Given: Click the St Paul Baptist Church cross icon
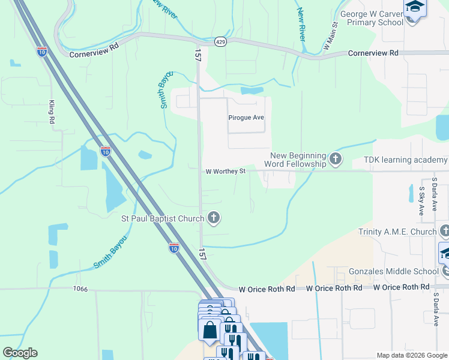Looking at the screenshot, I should pos(212,218).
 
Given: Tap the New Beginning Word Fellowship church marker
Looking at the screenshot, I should pos(335,160).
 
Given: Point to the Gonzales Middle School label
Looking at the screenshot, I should pos(393,271).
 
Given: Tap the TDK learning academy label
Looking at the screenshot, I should pos(405,160).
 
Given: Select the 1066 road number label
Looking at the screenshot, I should pos(80,289).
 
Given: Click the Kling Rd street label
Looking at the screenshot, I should pos(52,112).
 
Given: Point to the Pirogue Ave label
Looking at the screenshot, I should pos(246,118).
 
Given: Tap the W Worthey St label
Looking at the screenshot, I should pos(226,171).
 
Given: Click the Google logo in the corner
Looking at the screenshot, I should pos(20,353).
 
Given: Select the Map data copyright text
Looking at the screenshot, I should pos(412,355).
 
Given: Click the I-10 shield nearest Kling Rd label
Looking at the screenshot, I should pos(42,52).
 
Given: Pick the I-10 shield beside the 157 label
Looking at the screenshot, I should pos(174,247).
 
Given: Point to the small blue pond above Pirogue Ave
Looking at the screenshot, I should pos(252,91).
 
